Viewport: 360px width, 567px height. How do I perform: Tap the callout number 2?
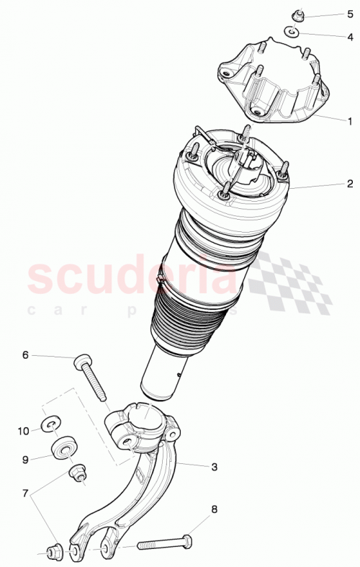coord(349,184)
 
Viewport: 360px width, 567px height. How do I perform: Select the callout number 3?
coord(214,466)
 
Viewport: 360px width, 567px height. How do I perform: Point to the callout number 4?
coord(350,35)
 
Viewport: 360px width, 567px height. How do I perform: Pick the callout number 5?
coord(350,14)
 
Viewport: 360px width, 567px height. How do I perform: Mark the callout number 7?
coord(27,494)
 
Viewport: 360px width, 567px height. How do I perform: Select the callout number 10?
coord(24,431)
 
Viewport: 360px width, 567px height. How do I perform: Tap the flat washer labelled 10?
coord(51,424)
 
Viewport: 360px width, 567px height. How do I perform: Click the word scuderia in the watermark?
coord(130,277)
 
